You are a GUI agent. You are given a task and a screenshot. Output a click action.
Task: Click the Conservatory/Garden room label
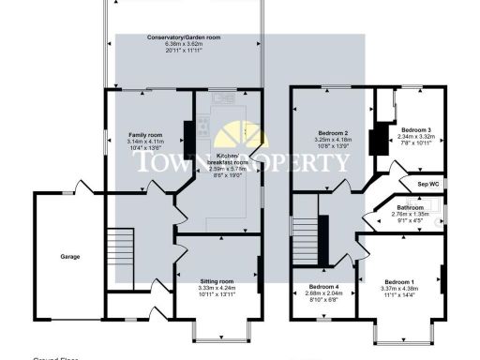(x=184, y=37)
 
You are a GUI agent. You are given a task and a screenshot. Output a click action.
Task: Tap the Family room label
(x=145, y=136)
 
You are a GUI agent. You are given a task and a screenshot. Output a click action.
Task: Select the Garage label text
(x=70, y=256)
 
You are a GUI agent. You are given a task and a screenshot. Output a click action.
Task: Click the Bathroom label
(x=410, y=207)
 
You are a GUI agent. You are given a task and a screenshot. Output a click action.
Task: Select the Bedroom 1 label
(x=398, y=281)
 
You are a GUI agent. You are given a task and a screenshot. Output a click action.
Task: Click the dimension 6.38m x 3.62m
(x=184, y=43)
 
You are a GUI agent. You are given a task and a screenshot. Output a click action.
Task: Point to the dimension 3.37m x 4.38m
(x=398, y=289)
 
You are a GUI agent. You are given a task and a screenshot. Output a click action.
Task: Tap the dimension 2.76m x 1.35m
(x=410, y=215)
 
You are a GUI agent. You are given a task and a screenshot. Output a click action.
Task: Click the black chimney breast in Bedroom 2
(x=380, y=141)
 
